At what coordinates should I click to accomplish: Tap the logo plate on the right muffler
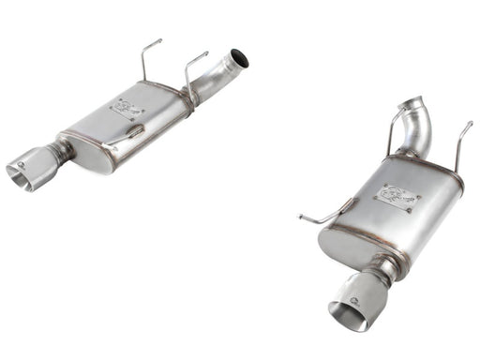coord(397,196)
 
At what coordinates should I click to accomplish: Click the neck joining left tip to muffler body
coord(63,151)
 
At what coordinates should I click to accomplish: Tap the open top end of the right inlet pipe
coord(411,103)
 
